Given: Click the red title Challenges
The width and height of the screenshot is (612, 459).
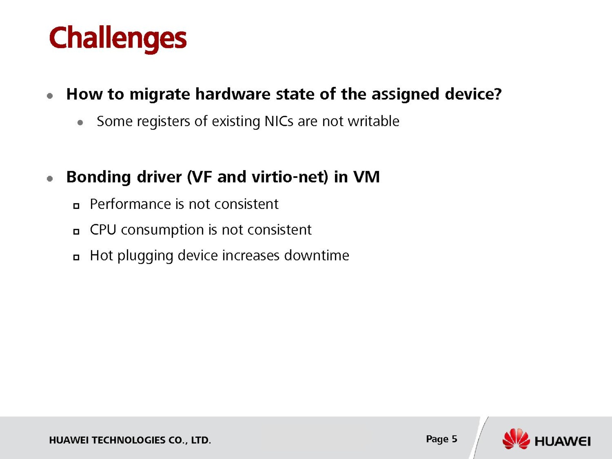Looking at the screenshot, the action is pos(118,39).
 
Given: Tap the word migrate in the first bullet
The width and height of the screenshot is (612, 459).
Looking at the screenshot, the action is pos(160,95).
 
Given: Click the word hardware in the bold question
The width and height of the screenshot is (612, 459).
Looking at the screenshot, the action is pos(233,94).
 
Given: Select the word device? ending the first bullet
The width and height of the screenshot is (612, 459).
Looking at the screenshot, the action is pos(473,94).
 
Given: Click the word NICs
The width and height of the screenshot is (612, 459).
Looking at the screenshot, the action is pos(278,121).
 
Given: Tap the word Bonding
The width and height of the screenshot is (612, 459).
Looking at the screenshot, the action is pos(98,177).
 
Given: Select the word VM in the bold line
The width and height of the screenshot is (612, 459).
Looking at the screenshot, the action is pos(366,177).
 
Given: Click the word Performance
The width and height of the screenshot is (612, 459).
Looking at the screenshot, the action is pos(130,204).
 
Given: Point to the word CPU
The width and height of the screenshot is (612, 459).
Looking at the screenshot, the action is pos(103,230).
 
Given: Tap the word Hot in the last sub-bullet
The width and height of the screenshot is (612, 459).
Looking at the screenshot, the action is pos(101,255).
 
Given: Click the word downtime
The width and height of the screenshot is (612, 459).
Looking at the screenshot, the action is pos(316,255).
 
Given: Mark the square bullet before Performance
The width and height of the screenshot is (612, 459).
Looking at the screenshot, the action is pos(76,206).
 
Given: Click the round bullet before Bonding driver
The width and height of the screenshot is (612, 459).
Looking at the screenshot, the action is pos(50,178).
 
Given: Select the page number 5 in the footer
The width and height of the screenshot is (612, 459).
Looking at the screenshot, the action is pos(454,439).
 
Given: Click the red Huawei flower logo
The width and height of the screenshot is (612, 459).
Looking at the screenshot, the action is pos(516,439).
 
